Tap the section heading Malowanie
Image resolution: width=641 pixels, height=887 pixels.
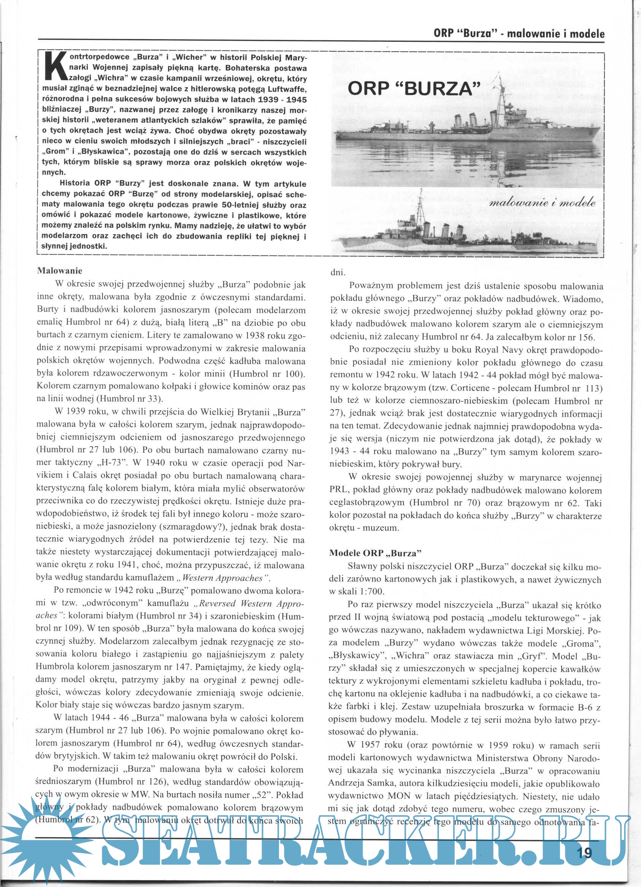click(59, 270)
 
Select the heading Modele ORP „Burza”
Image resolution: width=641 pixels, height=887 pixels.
click(375, 553)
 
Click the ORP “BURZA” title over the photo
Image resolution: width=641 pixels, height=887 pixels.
click(414, 89)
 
